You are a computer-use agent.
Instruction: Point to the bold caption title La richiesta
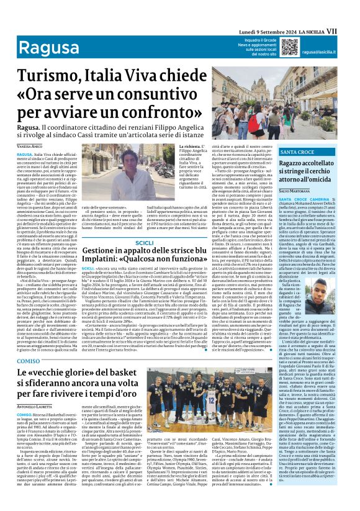pyautogui.click(x=191, y=146)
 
